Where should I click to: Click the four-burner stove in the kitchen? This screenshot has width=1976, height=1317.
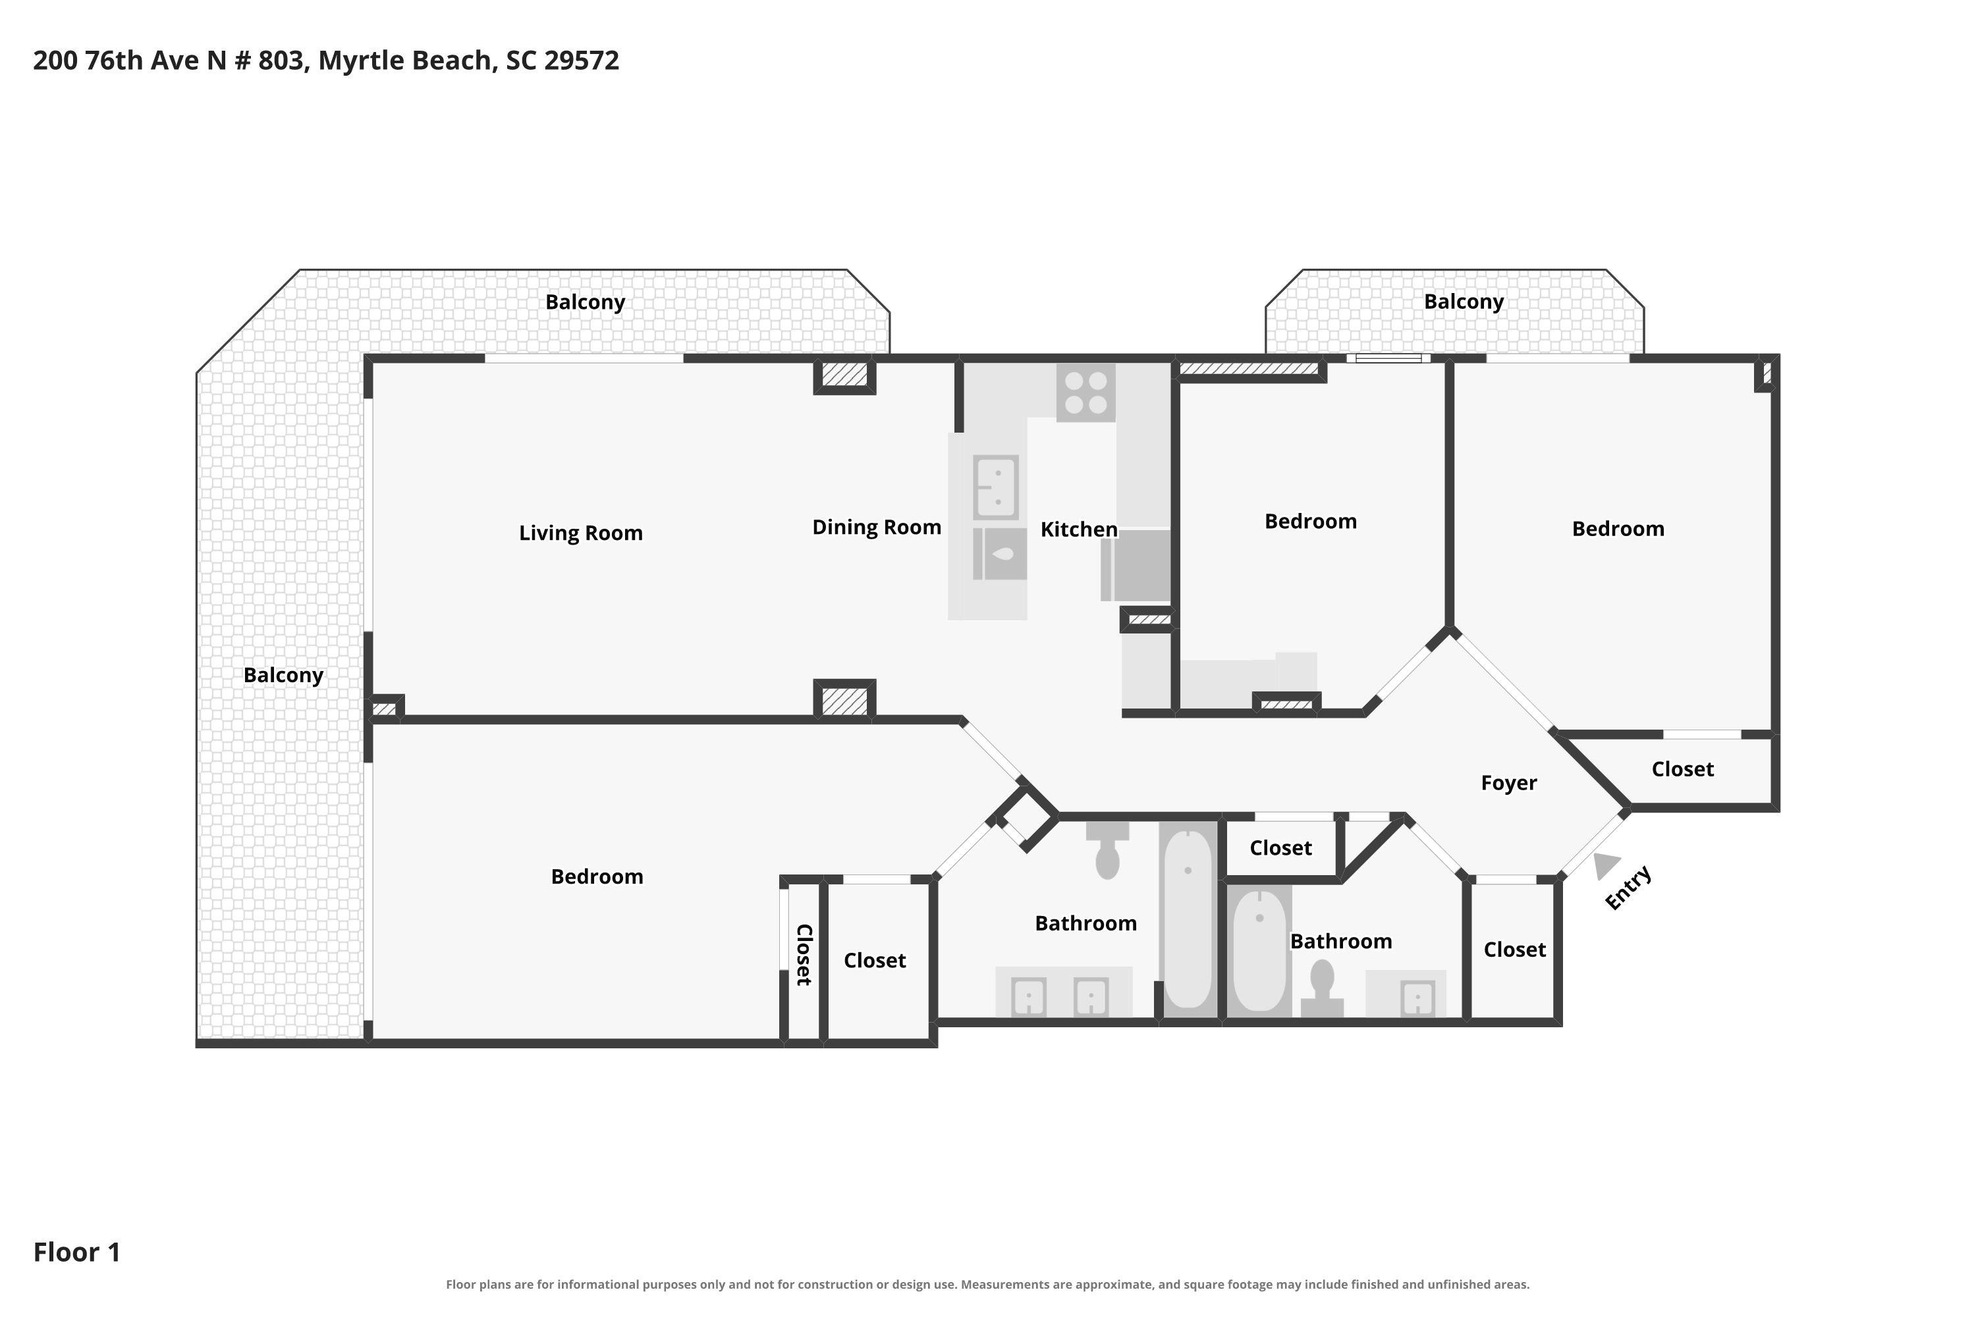tap(1085, 392)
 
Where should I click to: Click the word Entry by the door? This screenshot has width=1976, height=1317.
tap(1628, 887)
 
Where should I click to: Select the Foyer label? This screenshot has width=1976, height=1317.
tap(1509, 783)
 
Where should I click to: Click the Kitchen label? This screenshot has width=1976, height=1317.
tap(1079, 529)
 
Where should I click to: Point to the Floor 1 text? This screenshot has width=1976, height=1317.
tap(76, 1252)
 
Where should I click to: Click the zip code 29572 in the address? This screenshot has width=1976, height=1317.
tap(582, 61)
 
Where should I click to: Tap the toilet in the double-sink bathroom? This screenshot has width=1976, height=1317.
tap(1107, 850)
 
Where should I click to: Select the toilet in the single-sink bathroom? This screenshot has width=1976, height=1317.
tap(1323, 988)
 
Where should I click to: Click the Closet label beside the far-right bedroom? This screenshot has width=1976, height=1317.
tap(1682, 769)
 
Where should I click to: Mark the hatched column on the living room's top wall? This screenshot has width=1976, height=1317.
tap(844, 375)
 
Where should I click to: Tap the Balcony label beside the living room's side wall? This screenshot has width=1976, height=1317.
tap(283, 676)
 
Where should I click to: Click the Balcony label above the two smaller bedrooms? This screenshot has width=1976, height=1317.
tap(1464, 302)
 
